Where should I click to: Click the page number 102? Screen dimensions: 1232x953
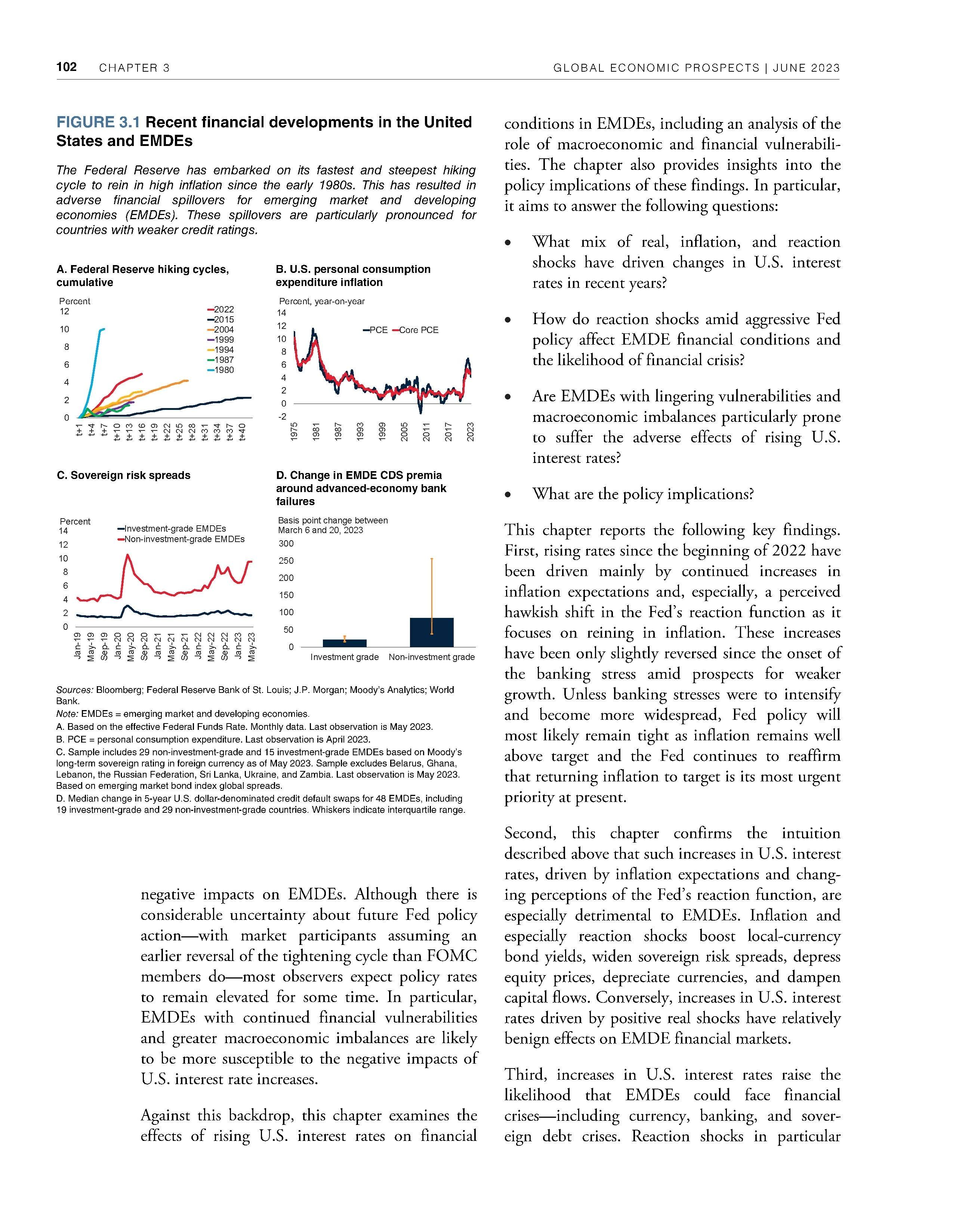coord(67,67)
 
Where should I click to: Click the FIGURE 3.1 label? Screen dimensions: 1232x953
coord(99,122)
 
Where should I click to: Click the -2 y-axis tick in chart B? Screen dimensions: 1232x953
coord(282,416)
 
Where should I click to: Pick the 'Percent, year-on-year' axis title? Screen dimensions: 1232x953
coord(322,301)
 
